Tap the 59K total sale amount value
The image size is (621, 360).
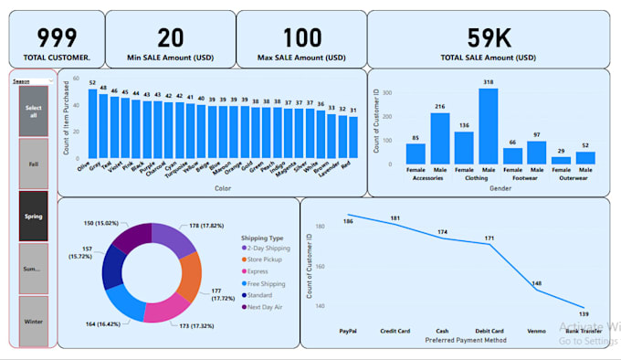pyautogui.click(x=489, y=37)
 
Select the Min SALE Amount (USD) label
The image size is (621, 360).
pyautogui.click(x=170, y=58)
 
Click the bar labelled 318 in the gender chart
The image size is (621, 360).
pyautogui.click(x=488, y=126)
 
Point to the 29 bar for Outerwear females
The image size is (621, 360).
pyautogui.click(x=560, y=160)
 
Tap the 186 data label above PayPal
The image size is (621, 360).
pyautogui.click(x=347, y=221)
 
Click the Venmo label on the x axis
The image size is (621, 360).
pyautogui.click(x=536, y=331)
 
